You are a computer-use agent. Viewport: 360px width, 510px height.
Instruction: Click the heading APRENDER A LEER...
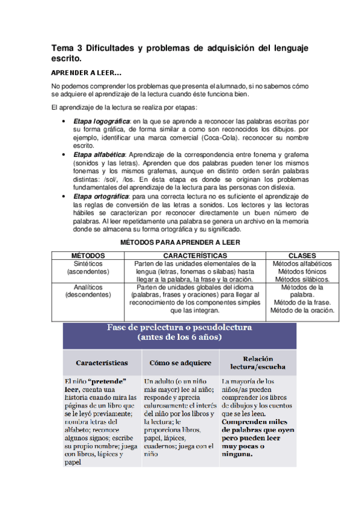tap(87, 73)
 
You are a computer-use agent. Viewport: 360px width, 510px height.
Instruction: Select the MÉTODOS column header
tap(88, 256)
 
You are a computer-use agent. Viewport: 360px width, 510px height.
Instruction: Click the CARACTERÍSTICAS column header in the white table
tap(196, 256)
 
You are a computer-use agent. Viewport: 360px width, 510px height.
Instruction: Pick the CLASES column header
tap(302, 256)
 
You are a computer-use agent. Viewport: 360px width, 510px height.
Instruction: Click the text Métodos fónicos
tap(302, 272)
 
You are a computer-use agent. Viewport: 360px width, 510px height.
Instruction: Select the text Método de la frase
tap(302, 303)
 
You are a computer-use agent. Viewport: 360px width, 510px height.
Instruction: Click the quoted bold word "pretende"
tap(108, 381)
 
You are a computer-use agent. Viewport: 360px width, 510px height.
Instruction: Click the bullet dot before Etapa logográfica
tap(64, 121)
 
